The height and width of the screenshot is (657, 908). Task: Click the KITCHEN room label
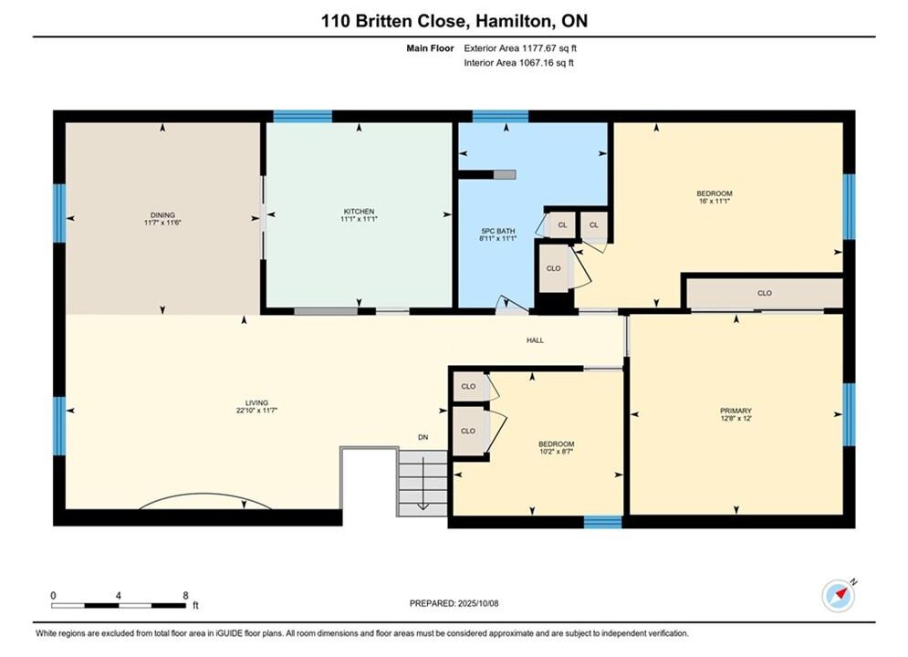359,212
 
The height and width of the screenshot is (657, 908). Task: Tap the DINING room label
162,214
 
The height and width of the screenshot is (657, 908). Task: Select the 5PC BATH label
498,230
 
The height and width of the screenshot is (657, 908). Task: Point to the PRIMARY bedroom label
736,411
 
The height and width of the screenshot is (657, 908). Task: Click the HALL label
535,340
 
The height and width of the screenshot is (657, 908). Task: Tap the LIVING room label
256,403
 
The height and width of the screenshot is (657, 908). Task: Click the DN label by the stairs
423,437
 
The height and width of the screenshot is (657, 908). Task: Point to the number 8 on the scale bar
185,596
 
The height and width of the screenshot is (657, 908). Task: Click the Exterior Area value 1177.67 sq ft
549,48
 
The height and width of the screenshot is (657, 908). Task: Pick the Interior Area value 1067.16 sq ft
547,63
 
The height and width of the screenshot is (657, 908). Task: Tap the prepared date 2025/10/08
478,603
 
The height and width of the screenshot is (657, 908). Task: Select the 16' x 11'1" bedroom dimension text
715,201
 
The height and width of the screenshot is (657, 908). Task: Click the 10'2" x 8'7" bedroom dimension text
557,452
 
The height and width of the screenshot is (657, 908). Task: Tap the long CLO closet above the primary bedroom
765,294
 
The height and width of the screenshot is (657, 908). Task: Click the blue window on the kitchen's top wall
303,117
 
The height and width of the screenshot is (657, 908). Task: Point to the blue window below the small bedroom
603,522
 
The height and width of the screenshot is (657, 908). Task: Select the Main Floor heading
430,48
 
